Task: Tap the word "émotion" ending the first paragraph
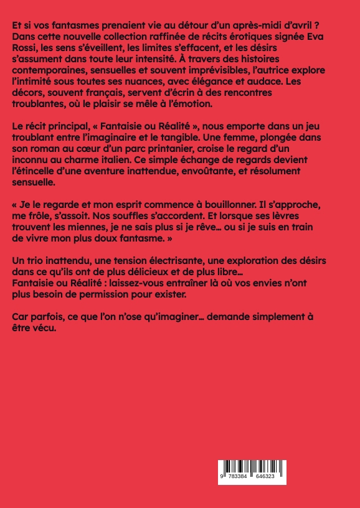pyautogui.click(x=193, y=105)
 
